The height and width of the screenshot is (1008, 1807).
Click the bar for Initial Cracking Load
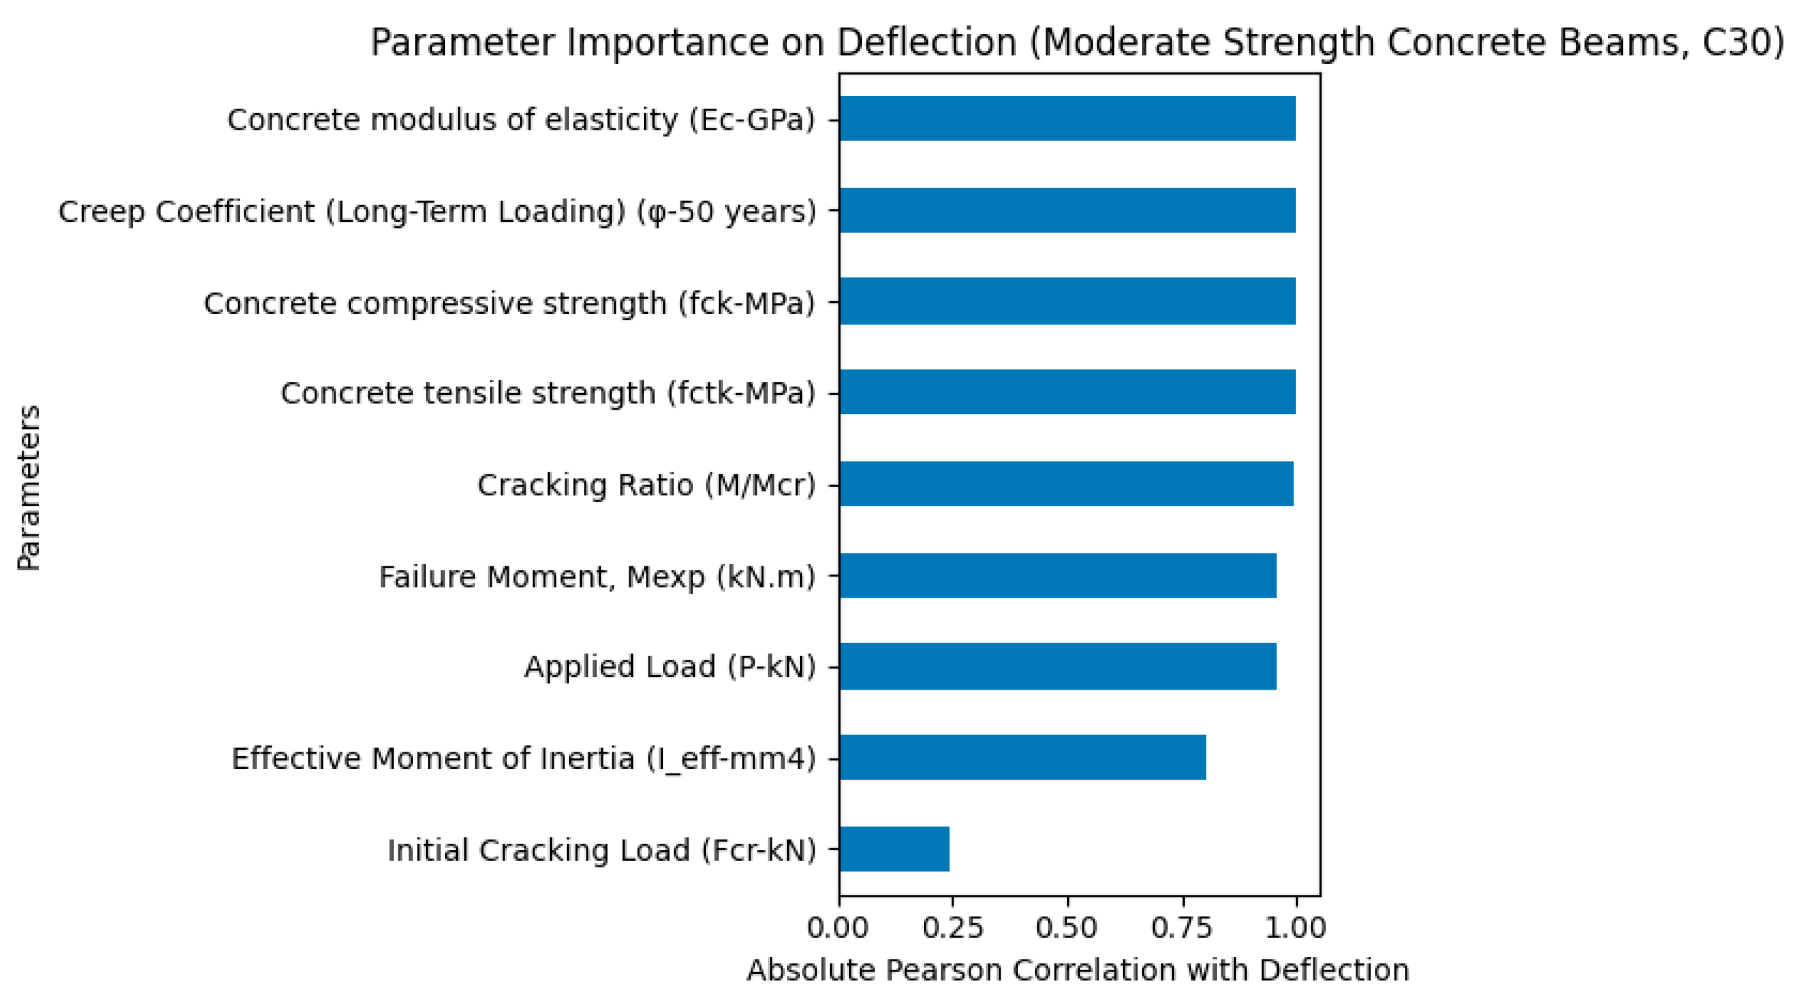[x=895, y=849]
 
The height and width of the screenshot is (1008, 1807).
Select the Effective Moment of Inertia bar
[x=1022, y=757]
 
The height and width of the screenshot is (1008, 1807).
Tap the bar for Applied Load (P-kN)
[x=1058, y=667]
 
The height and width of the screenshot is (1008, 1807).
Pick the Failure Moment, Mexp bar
[x=1058, y=575]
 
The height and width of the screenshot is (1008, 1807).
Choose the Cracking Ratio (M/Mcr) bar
[x=1067, y=484]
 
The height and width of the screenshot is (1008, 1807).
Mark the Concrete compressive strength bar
[x=1068, y=301]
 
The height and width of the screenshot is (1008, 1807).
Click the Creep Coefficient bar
[x=1068, y=210]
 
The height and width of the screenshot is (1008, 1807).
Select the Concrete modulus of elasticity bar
[x=1068, y=118]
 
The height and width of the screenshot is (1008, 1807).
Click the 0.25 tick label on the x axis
[x=953, y=927]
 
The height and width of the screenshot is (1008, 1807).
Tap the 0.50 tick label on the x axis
[x=1067, y=927]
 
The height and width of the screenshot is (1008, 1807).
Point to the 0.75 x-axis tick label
[x=1182, y=927]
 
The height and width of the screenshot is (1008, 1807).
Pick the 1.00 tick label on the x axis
[x=1295, y=927]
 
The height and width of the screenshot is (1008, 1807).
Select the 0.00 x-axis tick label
[x=838, y=927]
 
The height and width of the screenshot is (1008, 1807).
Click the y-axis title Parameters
[x=29, y=488]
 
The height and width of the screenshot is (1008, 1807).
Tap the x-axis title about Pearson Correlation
[x=1078, y=971]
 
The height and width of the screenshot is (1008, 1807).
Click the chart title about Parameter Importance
[x=1077, y=42]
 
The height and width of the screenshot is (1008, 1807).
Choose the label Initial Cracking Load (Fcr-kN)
[x=602, y=850]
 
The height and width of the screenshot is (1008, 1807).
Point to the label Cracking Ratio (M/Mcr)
[x=646, y=485]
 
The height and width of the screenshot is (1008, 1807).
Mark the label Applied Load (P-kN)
[x=671, y=667]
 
